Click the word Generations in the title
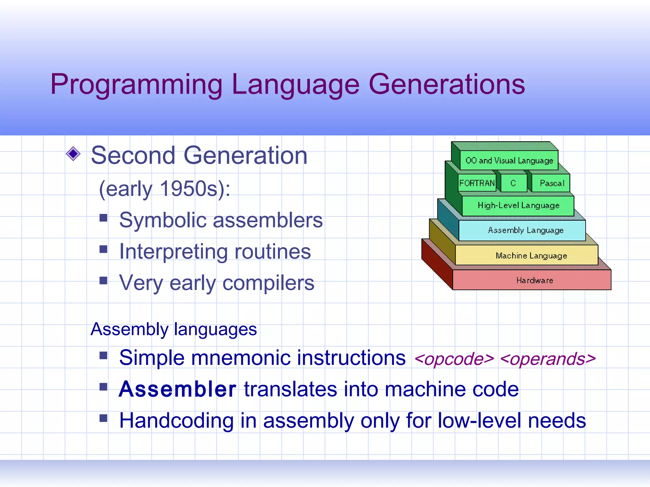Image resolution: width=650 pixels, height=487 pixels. [447, 84]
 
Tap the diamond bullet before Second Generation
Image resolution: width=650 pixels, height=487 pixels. [73, 154]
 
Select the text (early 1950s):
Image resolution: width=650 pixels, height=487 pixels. [164, 189]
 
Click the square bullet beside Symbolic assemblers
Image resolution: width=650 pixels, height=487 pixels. [103, 218]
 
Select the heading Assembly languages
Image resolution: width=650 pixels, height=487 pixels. [174, 329]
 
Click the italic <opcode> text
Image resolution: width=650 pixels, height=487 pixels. [454, 359]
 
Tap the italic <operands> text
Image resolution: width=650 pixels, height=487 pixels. [547, 359]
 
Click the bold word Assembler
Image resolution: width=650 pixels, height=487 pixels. [177, 389]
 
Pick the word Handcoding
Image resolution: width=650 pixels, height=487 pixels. [176, 421]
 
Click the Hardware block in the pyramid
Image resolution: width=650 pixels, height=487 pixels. [534, 280]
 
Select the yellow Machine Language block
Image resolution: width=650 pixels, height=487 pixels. [531, 256]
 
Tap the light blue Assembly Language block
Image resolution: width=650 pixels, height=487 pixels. [525, 230]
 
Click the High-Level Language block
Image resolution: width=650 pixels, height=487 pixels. [518, 205]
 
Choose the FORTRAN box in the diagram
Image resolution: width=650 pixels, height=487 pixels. [477, 183]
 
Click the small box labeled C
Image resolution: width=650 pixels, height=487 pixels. [513, 183]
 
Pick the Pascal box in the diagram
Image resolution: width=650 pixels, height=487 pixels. [552, 183]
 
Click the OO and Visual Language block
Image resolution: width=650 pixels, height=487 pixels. [509, 160]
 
